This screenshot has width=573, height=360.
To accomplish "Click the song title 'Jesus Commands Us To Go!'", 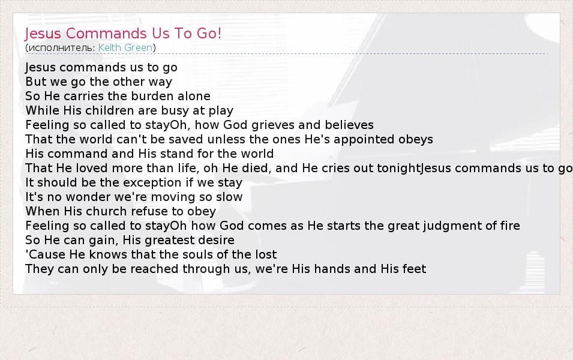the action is pos(123,34).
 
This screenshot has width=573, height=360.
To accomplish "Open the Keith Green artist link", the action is pos(125,48).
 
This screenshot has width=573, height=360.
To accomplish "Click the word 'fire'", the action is pos(508,226).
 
